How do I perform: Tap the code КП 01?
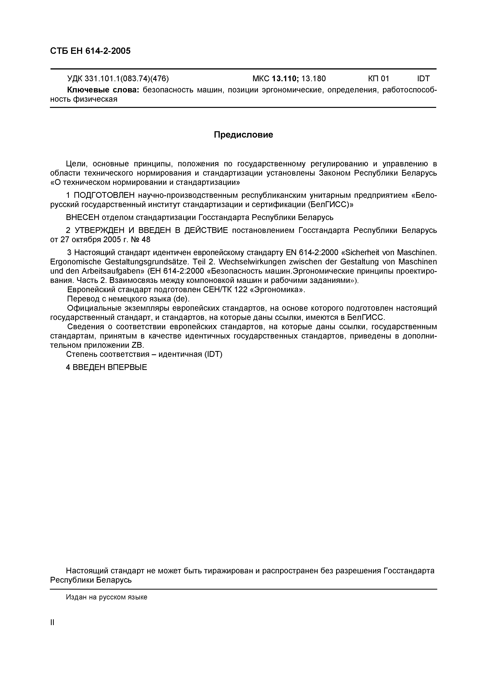coord(379,78)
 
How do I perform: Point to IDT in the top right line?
coord(423,78)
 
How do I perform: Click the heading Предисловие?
coord(243,135)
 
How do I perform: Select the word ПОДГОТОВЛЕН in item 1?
coord(104,195)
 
